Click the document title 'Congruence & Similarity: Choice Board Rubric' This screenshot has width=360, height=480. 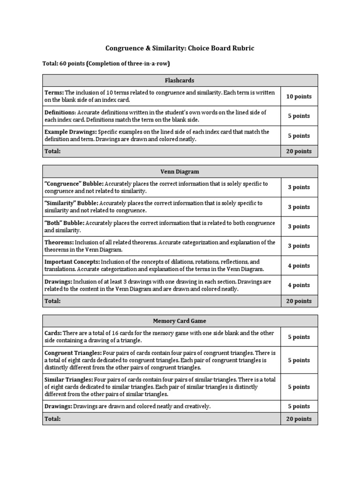point(180,48)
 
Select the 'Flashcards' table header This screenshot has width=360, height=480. point(180,80)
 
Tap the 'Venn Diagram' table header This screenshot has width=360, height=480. point(180,172)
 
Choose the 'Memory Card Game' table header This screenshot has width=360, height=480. point(180,321)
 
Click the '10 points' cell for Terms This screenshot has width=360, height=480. point(299,97)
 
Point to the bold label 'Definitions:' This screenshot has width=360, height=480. point(60,112)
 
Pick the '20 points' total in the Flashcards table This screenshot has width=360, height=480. point(299,151)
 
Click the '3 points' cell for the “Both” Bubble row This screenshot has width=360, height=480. point(299,226)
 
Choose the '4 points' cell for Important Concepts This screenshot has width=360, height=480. point(299,266)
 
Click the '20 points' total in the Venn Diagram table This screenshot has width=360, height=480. point(299,301)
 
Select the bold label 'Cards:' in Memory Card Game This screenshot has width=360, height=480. point(53,333)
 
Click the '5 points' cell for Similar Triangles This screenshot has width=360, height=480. point(299,387)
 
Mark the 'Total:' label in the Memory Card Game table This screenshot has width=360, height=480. point(52,419)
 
